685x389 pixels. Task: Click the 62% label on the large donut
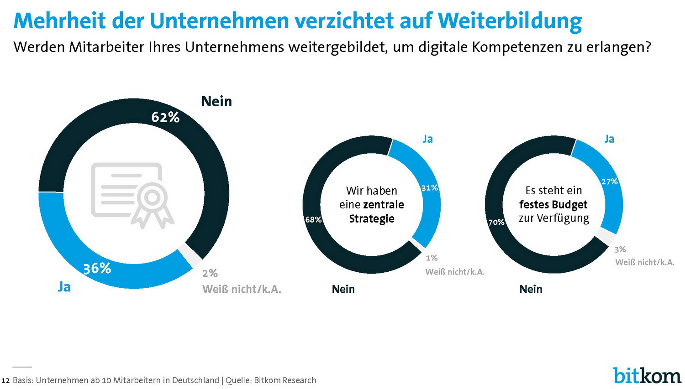[x=165, y=118]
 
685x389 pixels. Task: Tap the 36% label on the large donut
[x=97, y=268]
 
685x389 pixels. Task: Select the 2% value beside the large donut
[x=210, y=273]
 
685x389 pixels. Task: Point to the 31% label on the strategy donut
[x=430, y=188]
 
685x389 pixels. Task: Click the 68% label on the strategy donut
[x=313, y=220]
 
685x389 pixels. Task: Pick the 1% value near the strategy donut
[x=432, y=258]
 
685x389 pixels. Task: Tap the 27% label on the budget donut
[x=610, y=182]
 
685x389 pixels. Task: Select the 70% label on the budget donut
[x=496, y=223]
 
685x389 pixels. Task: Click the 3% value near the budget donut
[x=620, y=249]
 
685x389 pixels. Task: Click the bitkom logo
[x=647, y=375]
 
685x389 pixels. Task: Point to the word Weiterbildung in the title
[x=510, y=21]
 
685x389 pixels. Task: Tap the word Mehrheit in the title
[x=59, y=21]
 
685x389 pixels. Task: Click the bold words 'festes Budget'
[x=553, y=204]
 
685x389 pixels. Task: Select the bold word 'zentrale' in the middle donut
[x=384, y=204]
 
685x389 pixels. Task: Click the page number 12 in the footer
[x=5, y=380]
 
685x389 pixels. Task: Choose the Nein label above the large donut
[x=216, y=101]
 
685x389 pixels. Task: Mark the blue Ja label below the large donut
[x=64, y=287]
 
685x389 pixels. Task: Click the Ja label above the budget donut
[x=609, y=139]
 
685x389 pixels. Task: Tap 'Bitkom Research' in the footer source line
[x=285, y=380]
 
